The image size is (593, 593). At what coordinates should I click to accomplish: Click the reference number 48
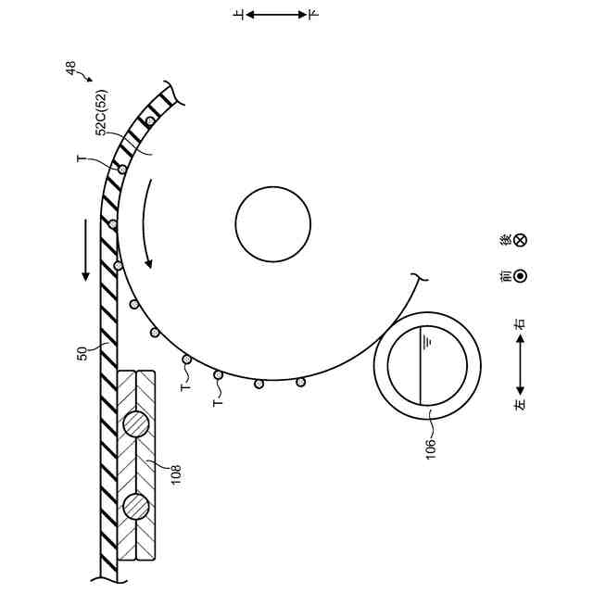(70, 67)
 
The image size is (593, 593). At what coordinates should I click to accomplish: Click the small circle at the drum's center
(272, 223)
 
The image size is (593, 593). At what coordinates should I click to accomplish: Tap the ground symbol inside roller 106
(428, 340)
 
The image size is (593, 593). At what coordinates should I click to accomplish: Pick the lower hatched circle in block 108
(136, 507)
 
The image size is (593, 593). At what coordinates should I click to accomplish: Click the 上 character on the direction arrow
(240, 15)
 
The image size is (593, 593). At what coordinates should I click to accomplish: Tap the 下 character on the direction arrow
(312, 15)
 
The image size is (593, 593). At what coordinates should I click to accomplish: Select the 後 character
(506, 240)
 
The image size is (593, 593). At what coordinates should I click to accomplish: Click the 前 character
(506, 275)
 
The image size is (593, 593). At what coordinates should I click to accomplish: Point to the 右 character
(521, 324)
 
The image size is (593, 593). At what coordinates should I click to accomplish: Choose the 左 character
(521, 405)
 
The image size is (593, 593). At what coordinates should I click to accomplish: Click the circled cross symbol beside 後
(521, 240)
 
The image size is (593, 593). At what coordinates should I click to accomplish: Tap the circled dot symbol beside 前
(521, 275)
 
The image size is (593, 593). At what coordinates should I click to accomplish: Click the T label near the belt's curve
(82, 160)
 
